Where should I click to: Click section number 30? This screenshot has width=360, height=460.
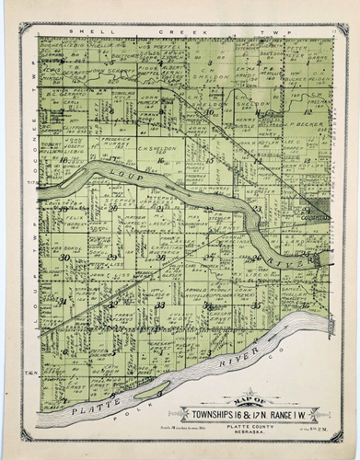(64, 258)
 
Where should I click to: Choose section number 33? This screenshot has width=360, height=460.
(159, 304)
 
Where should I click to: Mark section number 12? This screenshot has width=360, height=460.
(307, 109)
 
